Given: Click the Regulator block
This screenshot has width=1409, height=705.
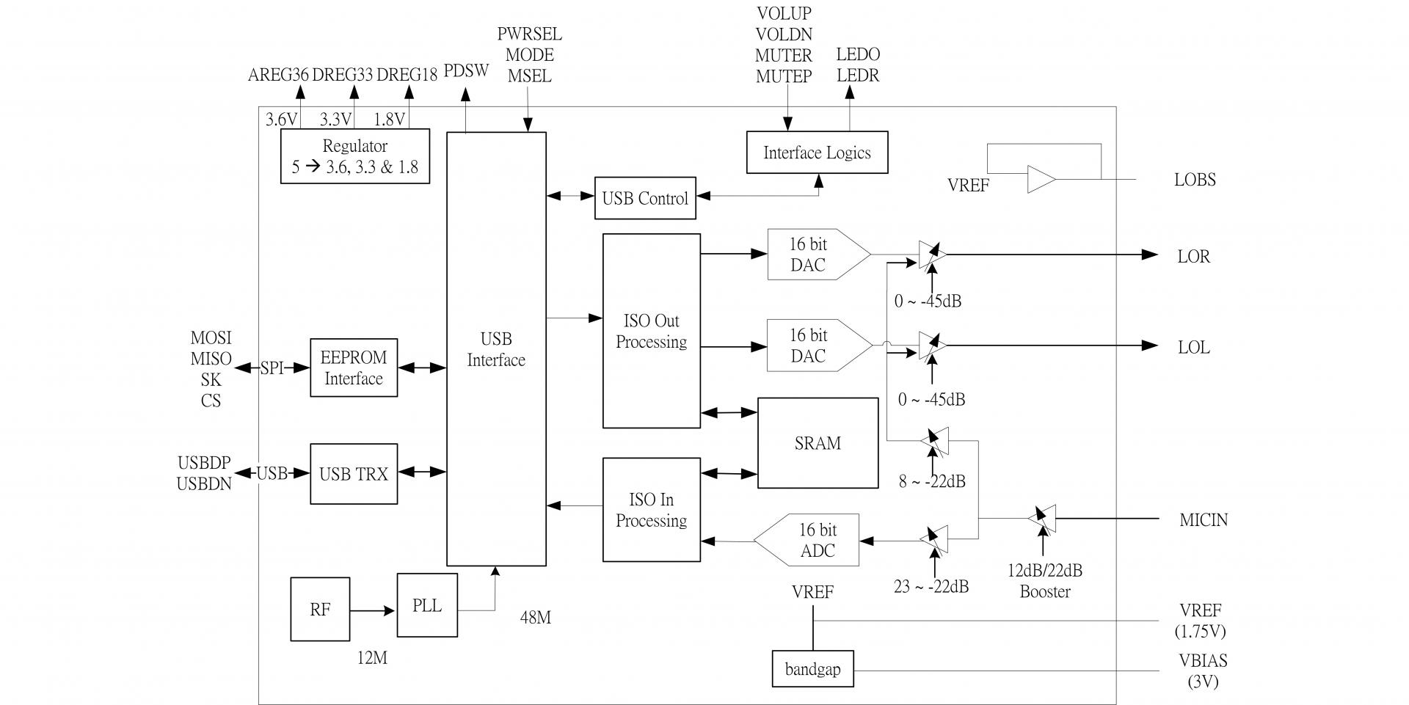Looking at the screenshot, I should click(x=354, y=156).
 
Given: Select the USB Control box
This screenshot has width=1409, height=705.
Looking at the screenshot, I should click(x=645, y=198).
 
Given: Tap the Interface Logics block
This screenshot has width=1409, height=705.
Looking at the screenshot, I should click(x=817, y=153).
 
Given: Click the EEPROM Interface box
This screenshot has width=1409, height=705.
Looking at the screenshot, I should click(x=354, y=368).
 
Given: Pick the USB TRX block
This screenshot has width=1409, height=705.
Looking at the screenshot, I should click(x=354, y=474).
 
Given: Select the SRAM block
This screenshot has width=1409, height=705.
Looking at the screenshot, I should click(x=818, y=443).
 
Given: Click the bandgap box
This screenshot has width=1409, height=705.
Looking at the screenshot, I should click(x=812, y=669).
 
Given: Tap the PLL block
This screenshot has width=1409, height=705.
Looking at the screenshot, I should click(x=427, y=605).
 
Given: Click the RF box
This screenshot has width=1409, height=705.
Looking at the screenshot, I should click(x=320, y=609).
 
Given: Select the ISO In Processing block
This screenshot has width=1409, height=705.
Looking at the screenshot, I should click(x=651, y=510).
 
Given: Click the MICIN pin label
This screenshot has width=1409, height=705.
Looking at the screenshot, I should click(x=1204, y=520).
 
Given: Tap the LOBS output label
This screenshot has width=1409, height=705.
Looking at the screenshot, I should click(x=1195, y=180).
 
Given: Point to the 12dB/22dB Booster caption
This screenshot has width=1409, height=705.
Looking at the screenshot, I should click(x=1044, y=581).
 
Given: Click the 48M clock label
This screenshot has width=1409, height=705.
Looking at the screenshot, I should click(x=535, y=618).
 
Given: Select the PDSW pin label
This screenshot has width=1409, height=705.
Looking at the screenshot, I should click(x=466, y=71).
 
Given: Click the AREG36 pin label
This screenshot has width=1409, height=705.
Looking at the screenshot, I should click(x=278, y=75).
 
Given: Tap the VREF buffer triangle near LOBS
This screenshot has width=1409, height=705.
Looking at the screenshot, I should click(x=1040, y=180).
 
